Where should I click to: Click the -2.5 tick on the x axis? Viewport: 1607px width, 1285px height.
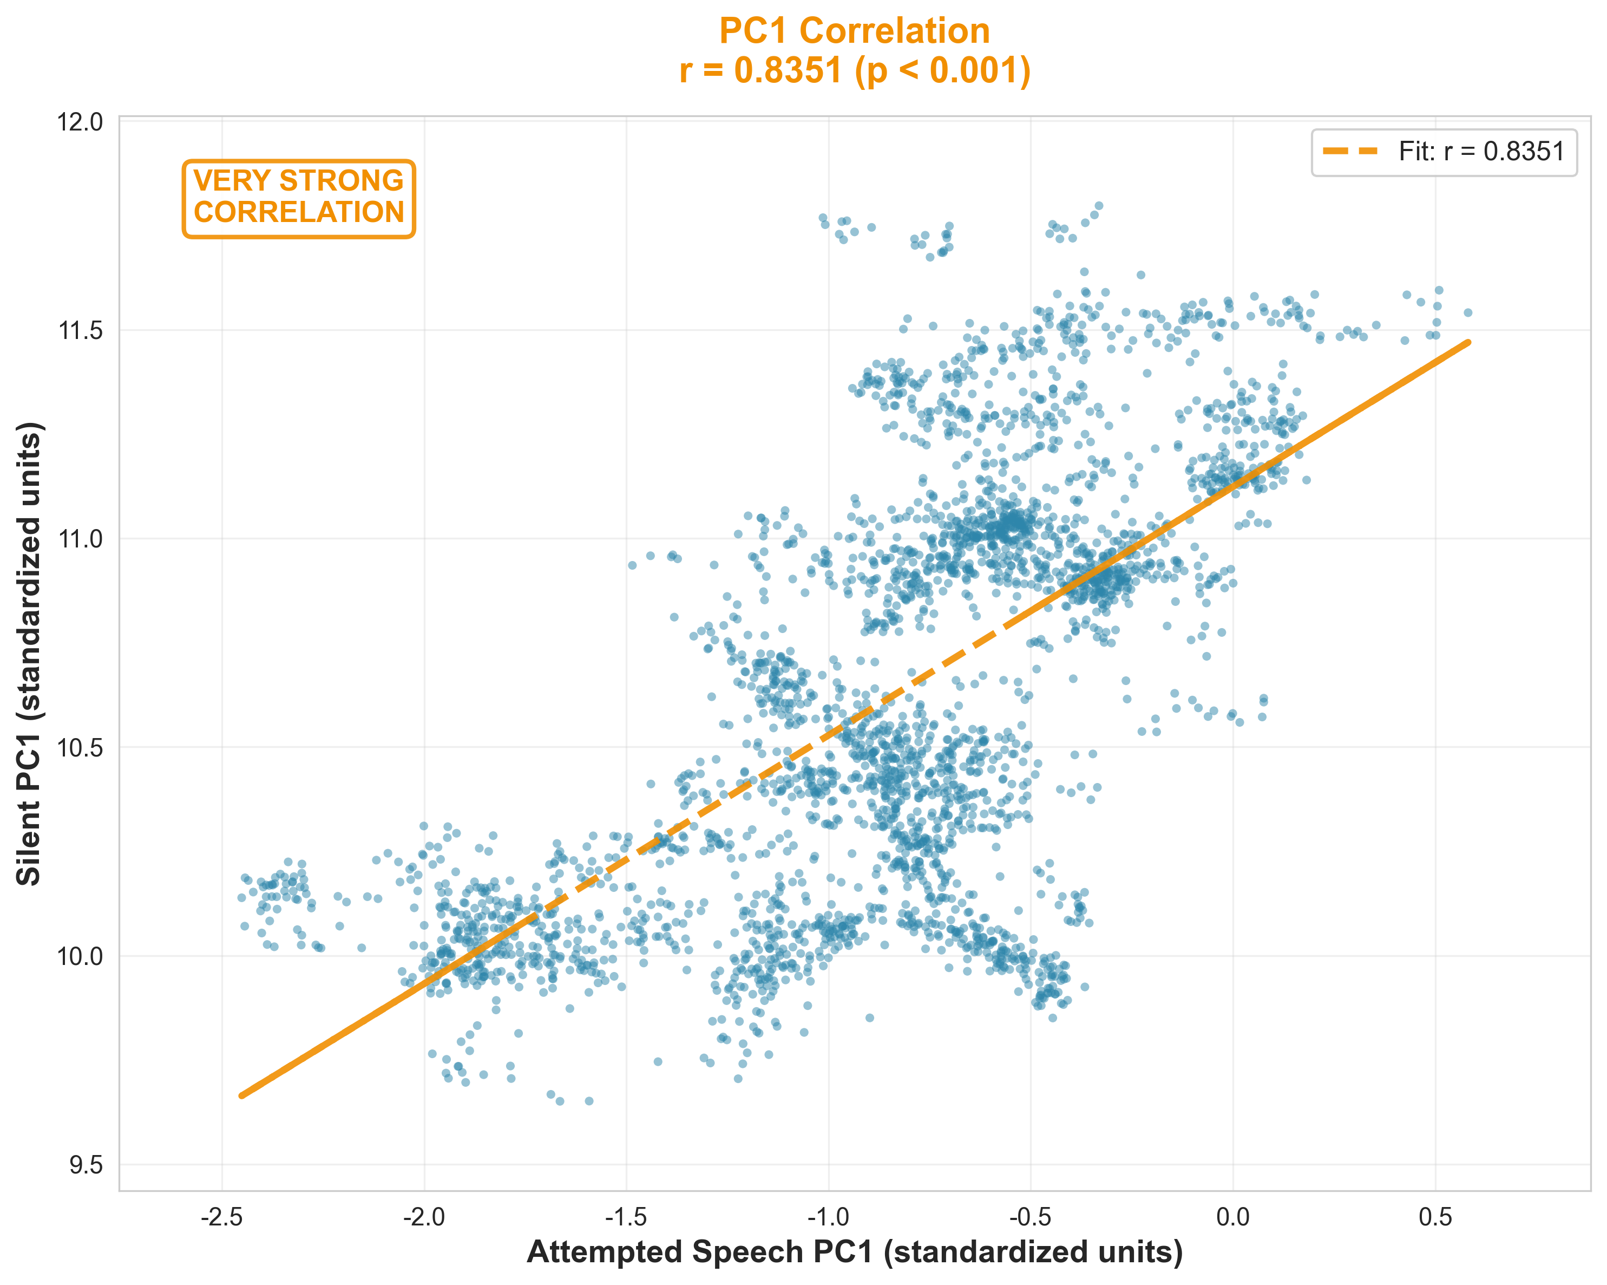click(x=221, y=1217)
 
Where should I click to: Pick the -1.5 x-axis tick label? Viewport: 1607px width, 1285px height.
click(x=626, y=1217)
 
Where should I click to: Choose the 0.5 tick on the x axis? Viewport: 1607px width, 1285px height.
click(x=1435, y=1217)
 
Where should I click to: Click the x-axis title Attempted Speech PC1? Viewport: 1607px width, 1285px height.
click(x=854, y=1252)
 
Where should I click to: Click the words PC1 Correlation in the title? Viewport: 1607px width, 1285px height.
click(x=854, y=31)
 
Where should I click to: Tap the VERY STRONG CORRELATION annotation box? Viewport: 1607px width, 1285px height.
click(x=298, y=198)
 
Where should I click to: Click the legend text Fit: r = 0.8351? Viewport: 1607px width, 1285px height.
click(x=1481, y=152)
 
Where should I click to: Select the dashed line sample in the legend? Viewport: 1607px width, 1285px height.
click(x=1350, y=152)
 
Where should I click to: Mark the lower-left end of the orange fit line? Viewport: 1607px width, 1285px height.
click(x=241, y=1095)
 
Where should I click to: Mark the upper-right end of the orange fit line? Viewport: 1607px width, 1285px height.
click(x=1467, y=342)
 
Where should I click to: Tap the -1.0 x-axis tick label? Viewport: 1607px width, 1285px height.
click(x=828, y=1217)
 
